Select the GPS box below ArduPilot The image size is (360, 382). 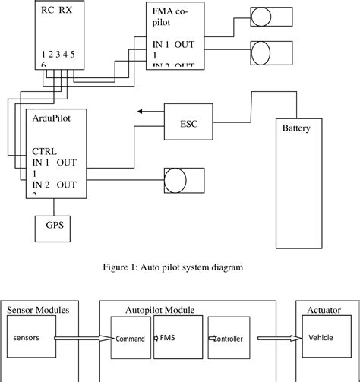[54, 226]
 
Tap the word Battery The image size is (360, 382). [295, 128]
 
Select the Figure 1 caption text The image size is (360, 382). [179, 267]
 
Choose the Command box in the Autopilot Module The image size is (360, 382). [131, 339]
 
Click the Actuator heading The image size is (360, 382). [324, 310]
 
